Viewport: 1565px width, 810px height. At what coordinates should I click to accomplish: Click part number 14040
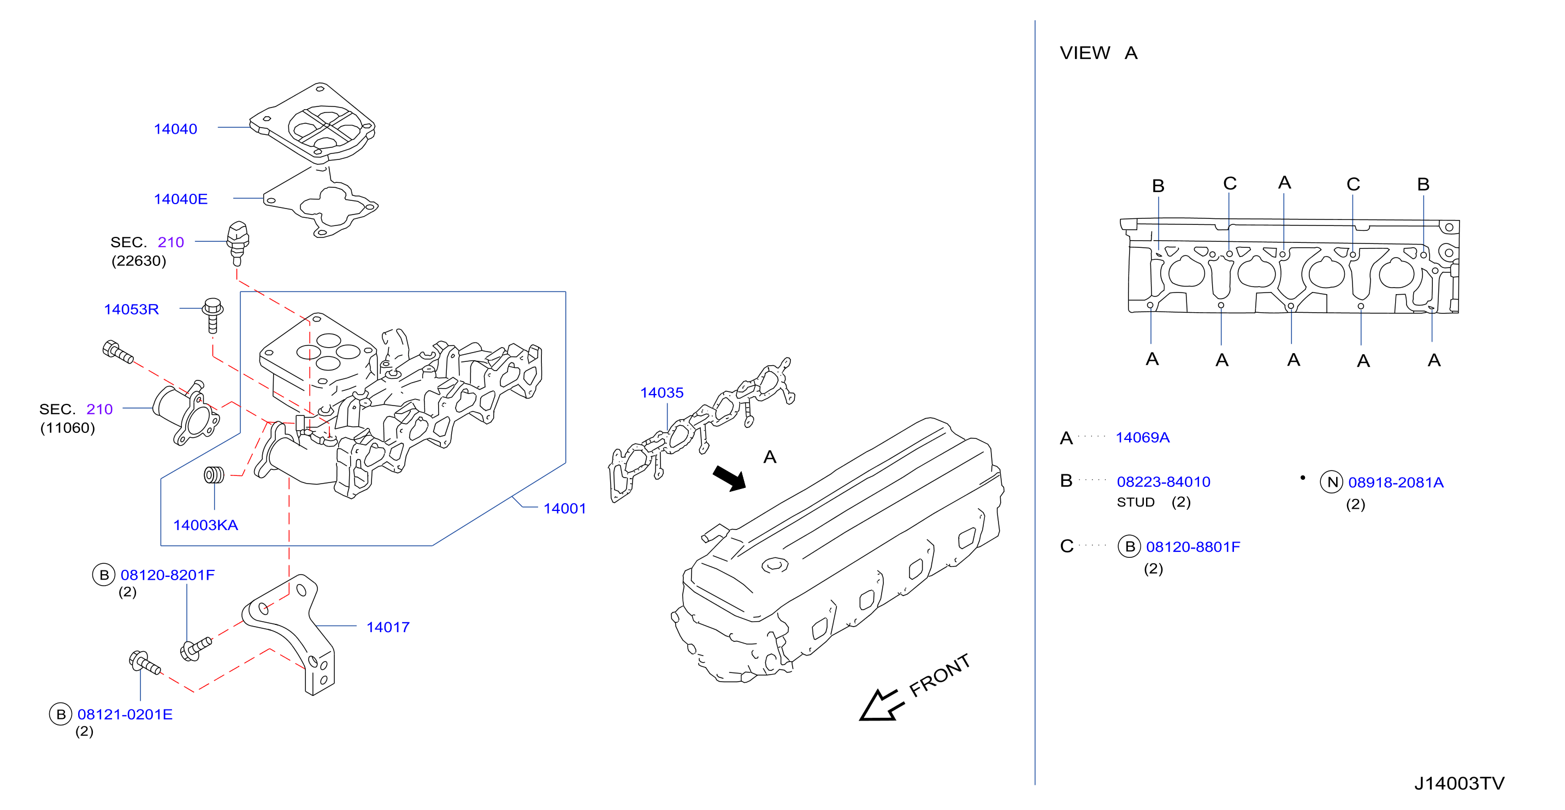click(175, 129)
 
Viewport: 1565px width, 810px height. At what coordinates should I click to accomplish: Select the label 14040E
click(180, 199)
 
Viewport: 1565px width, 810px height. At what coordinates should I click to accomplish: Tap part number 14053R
click(131, 309)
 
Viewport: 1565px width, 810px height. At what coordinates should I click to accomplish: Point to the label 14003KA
click(205, 525)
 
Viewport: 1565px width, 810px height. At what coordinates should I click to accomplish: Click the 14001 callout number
click(564, 509)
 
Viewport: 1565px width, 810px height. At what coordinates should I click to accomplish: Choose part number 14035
click(662, 393)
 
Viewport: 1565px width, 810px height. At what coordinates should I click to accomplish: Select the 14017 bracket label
click(388, 627)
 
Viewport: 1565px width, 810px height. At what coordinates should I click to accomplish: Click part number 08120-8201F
click(168, 575)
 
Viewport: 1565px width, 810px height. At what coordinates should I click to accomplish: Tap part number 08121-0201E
click(125, 714)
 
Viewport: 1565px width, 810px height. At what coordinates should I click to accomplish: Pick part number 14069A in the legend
click(1142, 438)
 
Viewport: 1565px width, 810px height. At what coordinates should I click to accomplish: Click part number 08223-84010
click(1164, 482)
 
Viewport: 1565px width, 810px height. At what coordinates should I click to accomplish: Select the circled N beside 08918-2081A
click(1332, 482)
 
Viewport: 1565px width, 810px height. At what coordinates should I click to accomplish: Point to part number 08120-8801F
click(1192, 547)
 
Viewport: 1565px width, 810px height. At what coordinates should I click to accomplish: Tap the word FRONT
click(939, 675)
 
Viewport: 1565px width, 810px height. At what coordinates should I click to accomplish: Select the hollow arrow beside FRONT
click(882, 706)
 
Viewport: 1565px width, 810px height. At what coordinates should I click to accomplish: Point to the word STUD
click(1136, 503)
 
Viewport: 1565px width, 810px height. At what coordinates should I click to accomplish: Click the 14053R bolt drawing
click(212, 315)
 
